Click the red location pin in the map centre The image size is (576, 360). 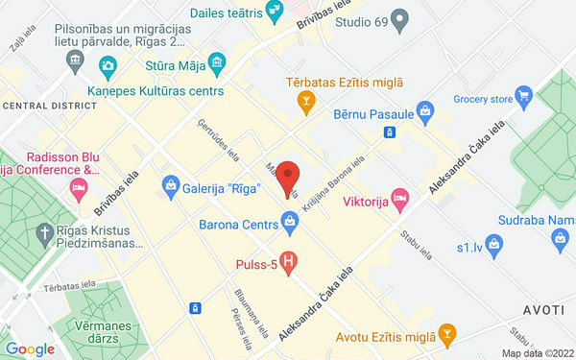(x=293, y=179)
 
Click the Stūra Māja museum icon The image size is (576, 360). (x=216, y=65)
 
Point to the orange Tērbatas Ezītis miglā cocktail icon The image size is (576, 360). (x=305, y=99)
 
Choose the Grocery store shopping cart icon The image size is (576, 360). (x=522, y=95)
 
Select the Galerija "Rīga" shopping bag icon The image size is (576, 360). (x=170, y=183)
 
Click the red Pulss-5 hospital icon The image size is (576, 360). (x=286, y=259)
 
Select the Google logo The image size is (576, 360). (x=30, y=348)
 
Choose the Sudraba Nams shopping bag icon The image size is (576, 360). (x=495, y=245)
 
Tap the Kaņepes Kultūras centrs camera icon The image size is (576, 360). (x=107, y=66)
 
